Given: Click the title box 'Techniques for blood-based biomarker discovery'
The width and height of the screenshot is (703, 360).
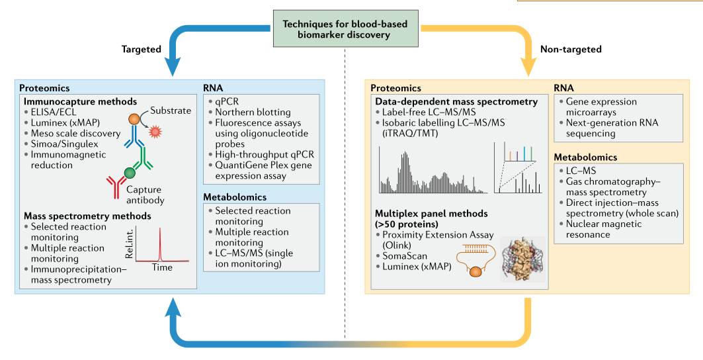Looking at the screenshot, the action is tap(345, 28).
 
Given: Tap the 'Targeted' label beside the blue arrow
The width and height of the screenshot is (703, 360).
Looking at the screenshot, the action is tap(142, 50).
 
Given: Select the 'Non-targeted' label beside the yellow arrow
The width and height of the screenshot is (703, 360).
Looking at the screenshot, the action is tap(571, 50).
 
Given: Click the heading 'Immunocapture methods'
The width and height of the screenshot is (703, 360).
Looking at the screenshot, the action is tap(80, 102).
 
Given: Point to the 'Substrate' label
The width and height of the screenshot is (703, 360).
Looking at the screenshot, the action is tap(171, 111).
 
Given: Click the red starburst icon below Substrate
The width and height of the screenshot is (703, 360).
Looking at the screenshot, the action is tap(155, 132).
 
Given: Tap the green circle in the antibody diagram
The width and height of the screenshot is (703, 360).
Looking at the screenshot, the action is tap(130, 172).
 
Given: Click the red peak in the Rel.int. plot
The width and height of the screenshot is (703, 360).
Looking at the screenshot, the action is tap(159, 244).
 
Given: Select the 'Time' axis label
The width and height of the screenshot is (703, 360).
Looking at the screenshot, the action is tap(162, 267).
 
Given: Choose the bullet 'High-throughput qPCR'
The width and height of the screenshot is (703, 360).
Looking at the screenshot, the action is tap(261, 154).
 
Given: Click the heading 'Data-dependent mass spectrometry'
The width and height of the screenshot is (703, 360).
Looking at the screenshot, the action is tap(456, 102).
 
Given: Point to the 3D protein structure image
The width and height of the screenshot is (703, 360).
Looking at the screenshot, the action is tap(522, 259).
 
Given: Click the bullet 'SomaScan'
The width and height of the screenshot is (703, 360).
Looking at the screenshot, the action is tap(401, 256).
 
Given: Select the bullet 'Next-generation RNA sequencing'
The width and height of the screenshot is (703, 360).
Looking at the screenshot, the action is tap(608, 128).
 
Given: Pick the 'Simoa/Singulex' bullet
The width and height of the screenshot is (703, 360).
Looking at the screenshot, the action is tap(61, 144).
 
